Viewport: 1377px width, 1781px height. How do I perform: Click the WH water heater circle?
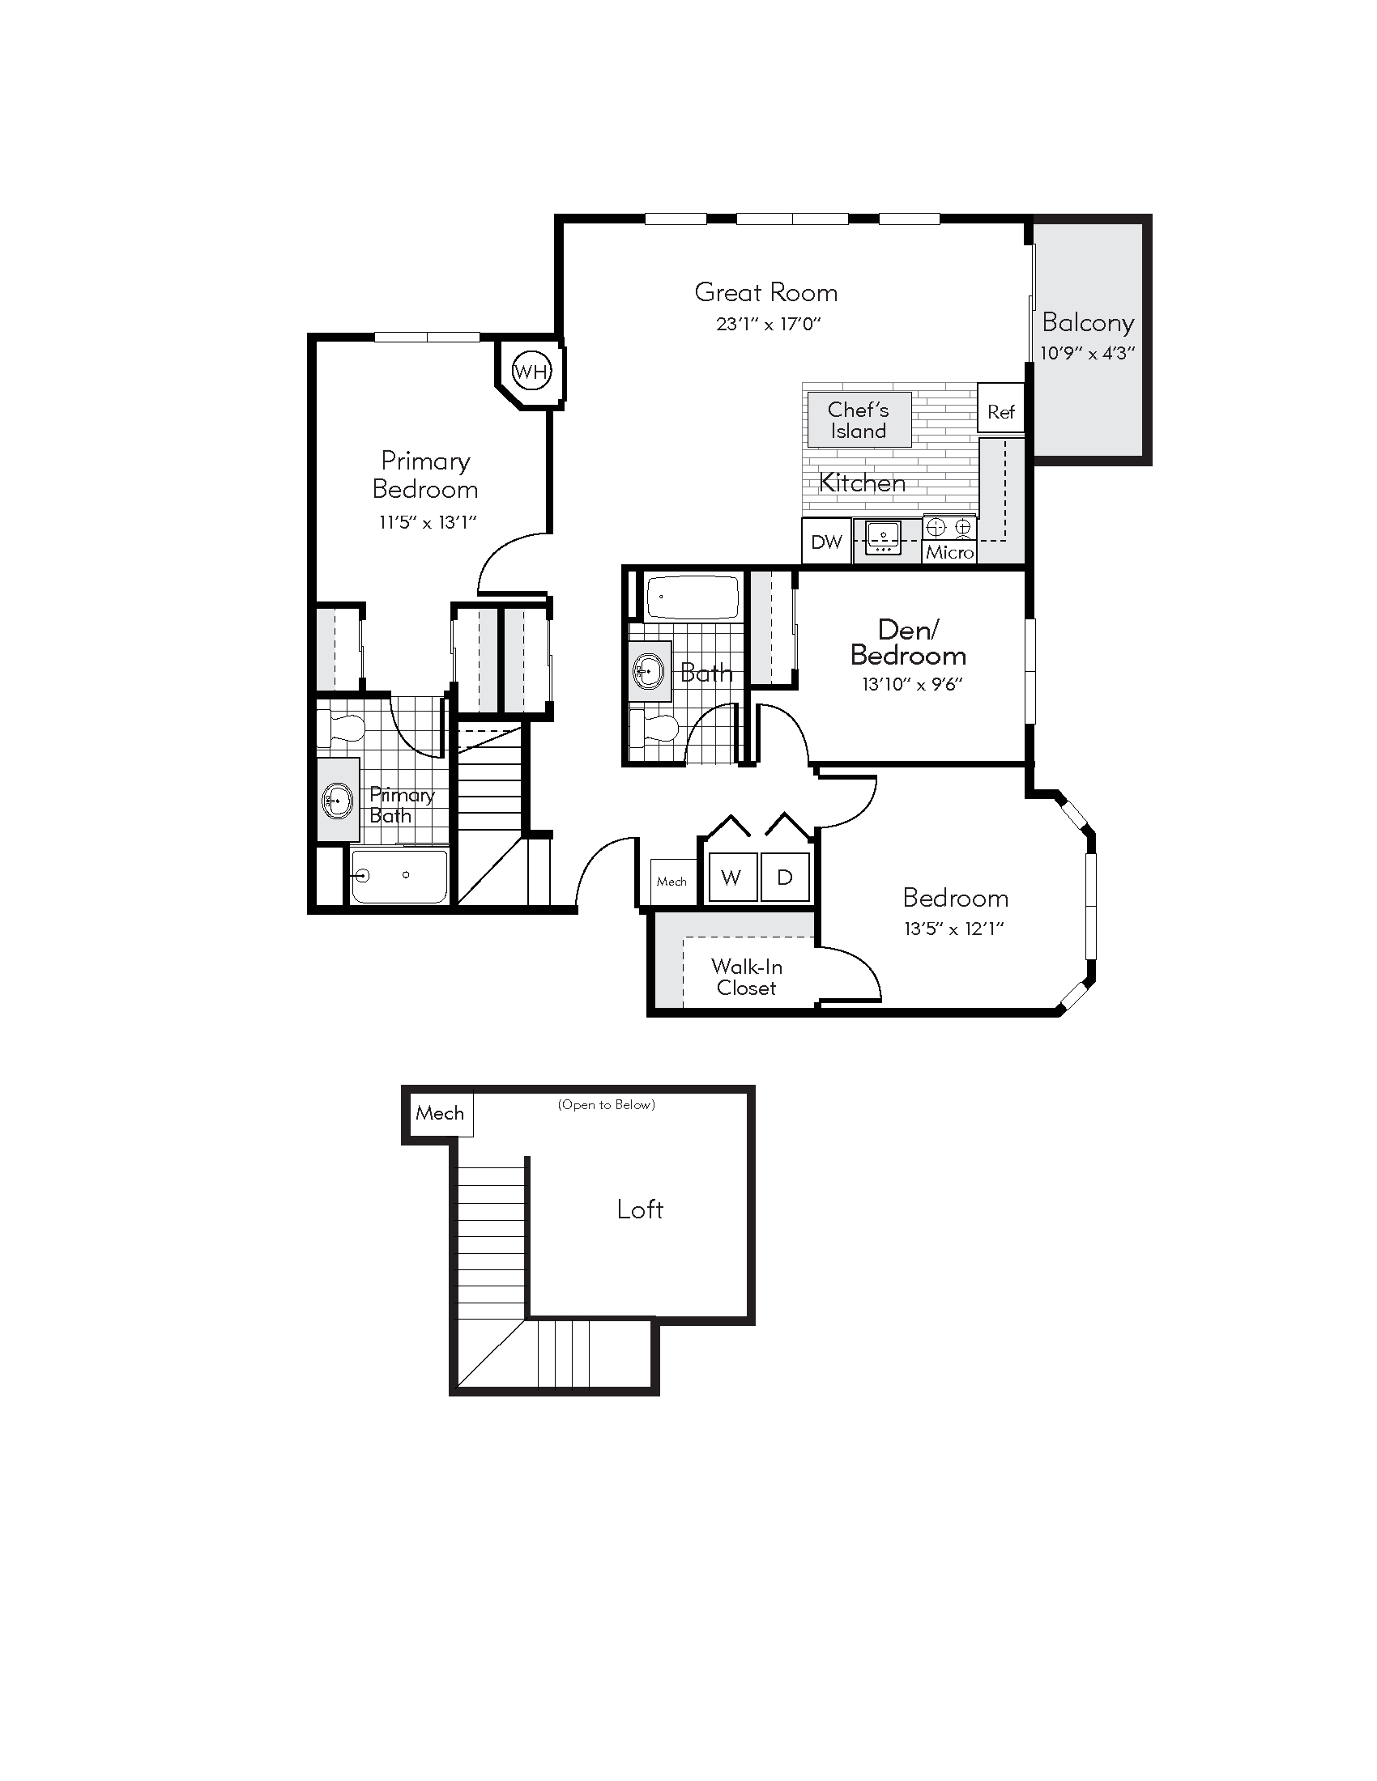(x=531, y=372)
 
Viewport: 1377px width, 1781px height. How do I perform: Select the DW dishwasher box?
(x=826, y=542)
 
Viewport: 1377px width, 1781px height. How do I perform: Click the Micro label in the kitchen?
(x=949, y=552)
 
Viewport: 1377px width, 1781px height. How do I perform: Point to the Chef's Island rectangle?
(x=858, y=420)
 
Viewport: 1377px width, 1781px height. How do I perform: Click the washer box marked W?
(x=731, y=878)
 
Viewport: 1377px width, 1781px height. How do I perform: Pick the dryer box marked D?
(x=785, y=878)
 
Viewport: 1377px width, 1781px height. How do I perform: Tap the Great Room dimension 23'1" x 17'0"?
(x=768, y=324)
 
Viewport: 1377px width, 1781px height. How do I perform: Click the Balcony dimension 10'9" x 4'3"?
(x=1087, y=353)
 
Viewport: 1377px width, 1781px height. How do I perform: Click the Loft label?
(x=640, y=1209)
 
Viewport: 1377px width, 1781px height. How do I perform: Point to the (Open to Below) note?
(x=606, y=1105)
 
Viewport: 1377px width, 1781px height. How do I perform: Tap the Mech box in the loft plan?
(x=439, y=1113)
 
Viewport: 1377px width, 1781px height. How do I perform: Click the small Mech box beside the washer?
(x=671, y=882)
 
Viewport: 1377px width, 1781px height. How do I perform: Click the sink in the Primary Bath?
(x=337, y=801)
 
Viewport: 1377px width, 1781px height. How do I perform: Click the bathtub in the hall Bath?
(x=692, y=597)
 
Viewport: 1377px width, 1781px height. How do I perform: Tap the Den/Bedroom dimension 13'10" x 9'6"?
(x=912, y=684)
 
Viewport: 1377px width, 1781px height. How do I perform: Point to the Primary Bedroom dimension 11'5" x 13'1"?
(x=428, y=522)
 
